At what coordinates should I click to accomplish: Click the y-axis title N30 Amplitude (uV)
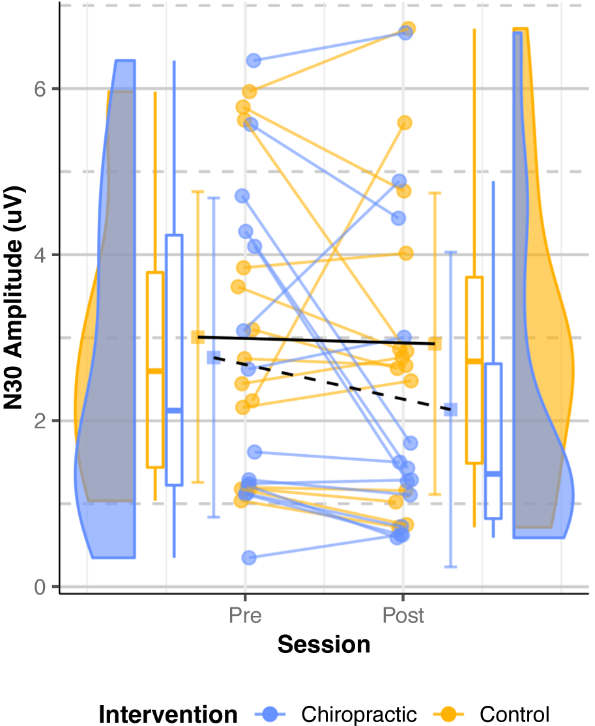pos(14,296)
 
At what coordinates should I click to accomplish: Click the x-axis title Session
pos(324,645)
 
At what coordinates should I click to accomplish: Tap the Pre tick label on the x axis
pos(244,615)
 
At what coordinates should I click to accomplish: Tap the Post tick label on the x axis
pos(403,615)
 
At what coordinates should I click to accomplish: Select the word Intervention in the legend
pos(168,714)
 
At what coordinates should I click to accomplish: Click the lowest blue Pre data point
pos(249,558)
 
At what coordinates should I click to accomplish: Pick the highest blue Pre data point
pos(254,61)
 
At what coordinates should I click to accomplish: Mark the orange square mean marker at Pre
pos(197,337)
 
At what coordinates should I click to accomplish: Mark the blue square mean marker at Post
pos(450,409)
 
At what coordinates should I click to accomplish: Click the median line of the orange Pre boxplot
pos(154,371)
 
